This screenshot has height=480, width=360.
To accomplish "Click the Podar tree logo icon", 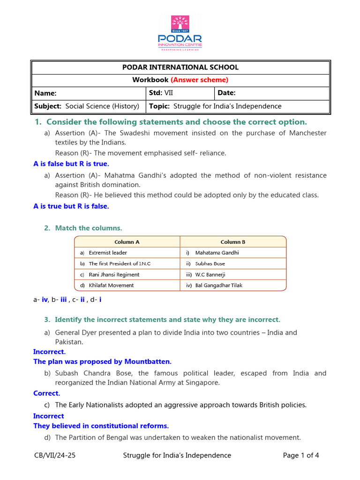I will (x=180, y=24).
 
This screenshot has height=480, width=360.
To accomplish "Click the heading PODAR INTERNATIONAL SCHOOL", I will (x=180, y=67).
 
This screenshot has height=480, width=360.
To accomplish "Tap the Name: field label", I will (x=45, y=93).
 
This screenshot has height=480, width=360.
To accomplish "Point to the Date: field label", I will (x=226, y=93).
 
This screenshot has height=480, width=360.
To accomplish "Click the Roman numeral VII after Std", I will (x=168, y=93).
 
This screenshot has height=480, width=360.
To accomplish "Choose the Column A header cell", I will (x=127, y=242).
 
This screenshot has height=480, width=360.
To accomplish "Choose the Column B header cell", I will (x=233, y=242).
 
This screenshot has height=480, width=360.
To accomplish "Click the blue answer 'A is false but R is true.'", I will (x=71, y=164).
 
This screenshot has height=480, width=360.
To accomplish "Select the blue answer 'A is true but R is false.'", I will (x=71, y=206).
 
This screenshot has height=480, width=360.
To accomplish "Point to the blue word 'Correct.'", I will (x=47, y=393).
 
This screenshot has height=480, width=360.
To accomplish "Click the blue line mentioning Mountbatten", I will (x=103, y=361).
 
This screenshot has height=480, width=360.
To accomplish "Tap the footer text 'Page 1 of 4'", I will (x=301, y=455).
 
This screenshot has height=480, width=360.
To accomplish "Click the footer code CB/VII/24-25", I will (x=55, y=455).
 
